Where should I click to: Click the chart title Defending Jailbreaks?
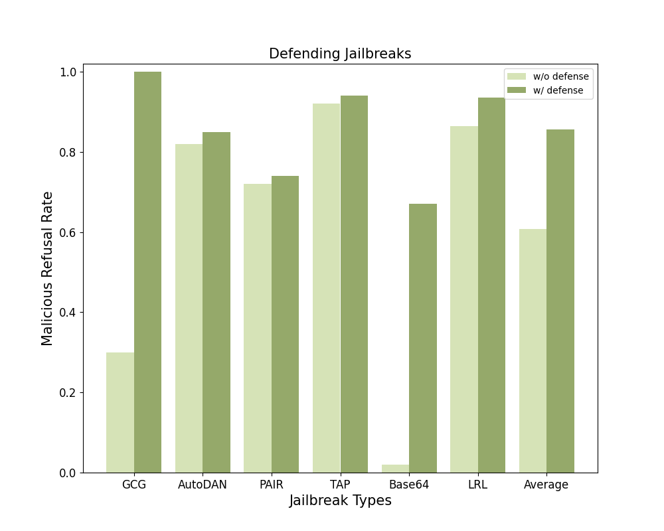340,54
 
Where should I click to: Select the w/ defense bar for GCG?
147,272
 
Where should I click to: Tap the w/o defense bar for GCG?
120,412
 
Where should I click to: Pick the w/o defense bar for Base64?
395,469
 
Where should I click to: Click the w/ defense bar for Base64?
423,338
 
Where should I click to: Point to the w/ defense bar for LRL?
491,285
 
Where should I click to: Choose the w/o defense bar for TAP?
326,288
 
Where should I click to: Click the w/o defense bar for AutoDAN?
189,308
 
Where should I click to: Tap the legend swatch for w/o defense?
517,76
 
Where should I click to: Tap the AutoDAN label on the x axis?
203,485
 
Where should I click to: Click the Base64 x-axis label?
409,485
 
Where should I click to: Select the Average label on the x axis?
546,485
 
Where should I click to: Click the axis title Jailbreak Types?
340,501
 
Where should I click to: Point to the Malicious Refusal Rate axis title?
47,268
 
